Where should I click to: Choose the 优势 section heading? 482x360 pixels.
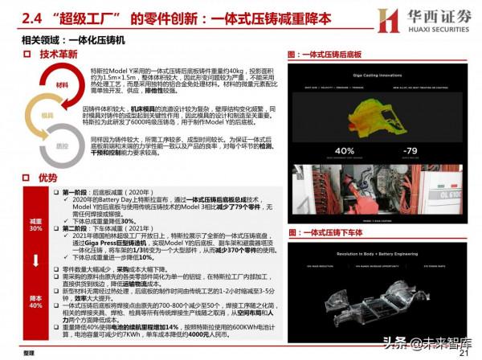tap(47, 178)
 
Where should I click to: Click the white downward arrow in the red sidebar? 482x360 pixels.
tap(35, 262)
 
